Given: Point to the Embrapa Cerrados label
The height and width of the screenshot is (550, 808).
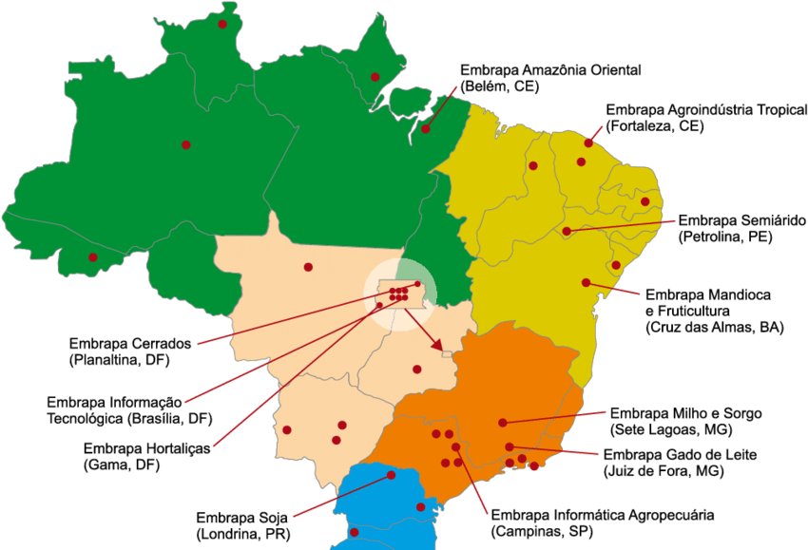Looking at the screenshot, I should coord(131,343).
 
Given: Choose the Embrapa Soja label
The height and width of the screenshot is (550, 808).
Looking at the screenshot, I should coord(241,518).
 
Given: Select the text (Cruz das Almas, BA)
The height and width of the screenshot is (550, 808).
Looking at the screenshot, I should coord(714,327).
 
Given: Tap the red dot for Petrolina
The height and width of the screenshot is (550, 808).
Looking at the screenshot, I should coord(567,231).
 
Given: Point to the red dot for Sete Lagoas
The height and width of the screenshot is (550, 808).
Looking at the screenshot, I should coord(503,423).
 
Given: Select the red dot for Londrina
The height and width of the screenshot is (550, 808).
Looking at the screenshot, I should coord(390,476).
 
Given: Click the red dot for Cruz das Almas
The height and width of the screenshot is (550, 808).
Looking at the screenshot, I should coord(586,282).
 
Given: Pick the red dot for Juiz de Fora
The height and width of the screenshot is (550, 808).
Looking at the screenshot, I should coord(510,446).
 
